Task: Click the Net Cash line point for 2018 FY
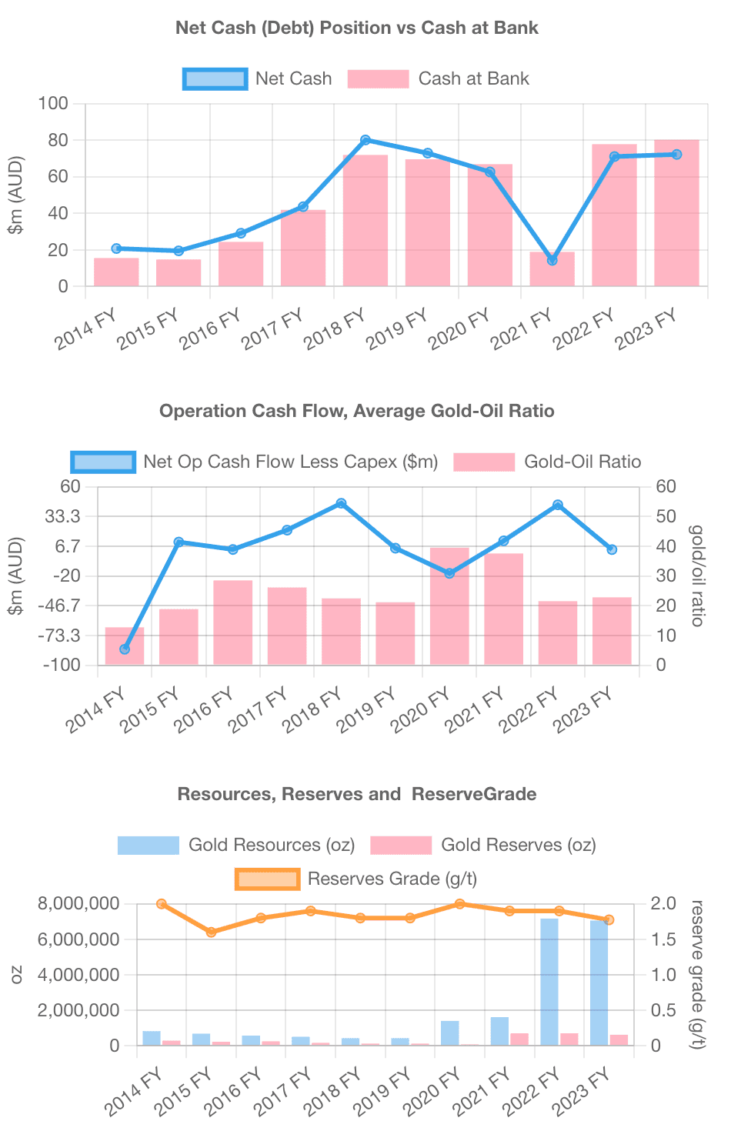pos(365,140)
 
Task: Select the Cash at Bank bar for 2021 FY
pos(552,269)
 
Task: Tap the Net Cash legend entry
pos(258,78)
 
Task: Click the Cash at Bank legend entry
pos(439,78)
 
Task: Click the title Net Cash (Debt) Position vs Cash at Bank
pos(357,28)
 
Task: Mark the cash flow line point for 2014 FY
pos(125,649)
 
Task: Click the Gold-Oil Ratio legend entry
pos(547,462)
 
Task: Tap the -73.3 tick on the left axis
pos(61,636)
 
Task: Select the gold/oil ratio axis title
pos(697,576)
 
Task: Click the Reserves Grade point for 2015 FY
pos(212,932)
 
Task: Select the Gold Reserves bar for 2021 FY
pos(519,1039)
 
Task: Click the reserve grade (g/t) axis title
pos(697,974)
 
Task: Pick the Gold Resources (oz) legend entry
pos(236,845)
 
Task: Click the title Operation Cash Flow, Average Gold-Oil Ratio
pos(357,411)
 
